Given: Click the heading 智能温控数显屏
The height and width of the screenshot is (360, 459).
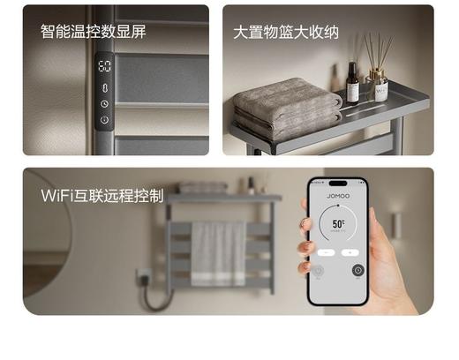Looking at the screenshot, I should (x=93, y=32).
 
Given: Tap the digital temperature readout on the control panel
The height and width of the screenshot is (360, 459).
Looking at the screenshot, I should (x=104, y=67).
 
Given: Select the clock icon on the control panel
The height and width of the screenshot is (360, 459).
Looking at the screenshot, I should (x=104, y=103).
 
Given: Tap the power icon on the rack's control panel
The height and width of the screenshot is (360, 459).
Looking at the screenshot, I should (x=104, y=119).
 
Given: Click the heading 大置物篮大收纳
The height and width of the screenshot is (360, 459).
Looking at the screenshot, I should (x=286, y=32).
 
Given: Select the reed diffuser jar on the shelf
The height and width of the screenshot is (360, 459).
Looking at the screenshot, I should (x=379, y=89).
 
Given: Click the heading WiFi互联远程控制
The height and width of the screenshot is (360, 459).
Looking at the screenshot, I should (x=102, y=194).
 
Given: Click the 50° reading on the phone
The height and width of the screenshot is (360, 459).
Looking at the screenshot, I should (x=339, y=226).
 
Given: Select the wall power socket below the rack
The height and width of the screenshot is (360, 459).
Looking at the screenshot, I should (x=145, y=277).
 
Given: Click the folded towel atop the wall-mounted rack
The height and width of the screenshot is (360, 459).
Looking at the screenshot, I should (x=203, y=187).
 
